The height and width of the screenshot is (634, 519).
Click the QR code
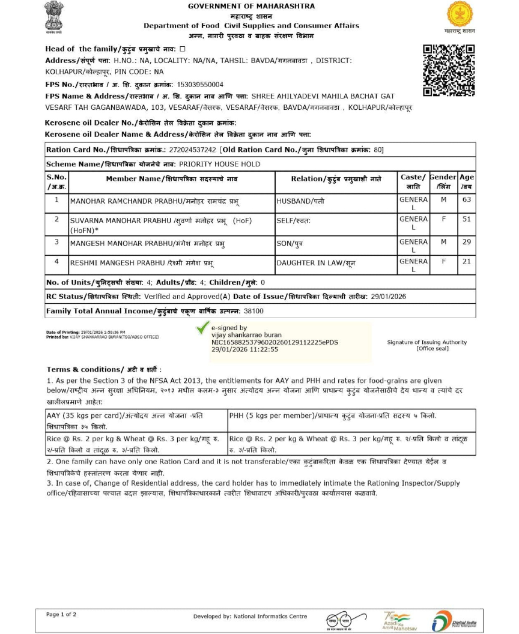(x=449, y=70)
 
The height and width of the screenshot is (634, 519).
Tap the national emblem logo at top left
(x=54, y=17)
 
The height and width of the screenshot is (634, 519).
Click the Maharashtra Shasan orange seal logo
(x=460, y=14)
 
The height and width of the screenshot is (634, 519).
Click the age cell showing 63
(x=467, y=199)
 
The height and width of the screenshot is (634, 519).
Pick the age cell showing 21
(x=467, y=262)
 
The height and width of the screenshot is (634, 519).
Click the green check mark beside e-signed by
(x=203, y=328)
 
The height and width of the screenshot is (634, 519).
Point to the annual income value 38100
(x=253, y=311)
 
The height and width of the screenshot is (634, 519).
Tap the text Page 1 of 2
(x=61, y=614)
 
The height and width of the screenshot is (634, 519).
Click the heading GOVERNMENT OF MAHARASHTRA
(x=251, y=6)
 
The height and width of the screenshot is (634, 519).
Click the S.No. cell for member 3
(x=56, y=242)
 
